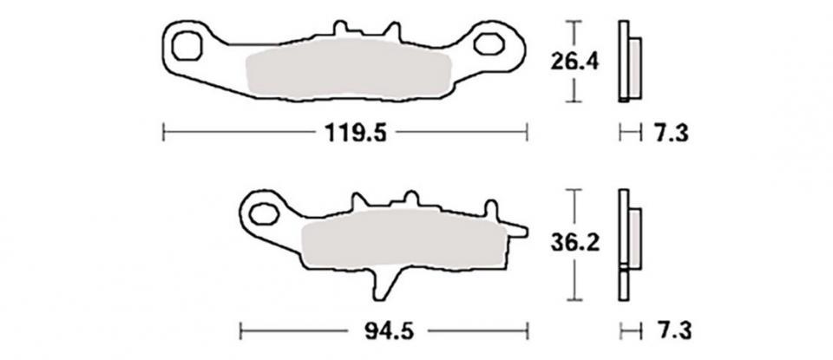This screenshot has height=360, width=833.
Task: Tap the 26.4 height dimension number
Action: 571,62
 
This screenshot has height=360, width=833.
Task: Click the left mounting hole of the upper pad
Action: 189,43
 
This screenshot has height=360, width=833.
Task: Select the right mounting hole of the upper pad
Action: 490,43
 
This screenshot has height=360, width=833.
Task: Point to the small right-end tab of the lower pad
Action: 515,229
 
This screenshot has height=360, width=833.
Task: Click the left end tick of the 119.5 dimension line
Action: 164,133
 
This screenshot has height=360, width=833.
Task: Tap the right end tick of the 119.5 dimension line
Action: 527,133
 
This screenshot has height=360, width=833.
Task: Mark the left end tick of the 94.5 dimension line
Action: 240,331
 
